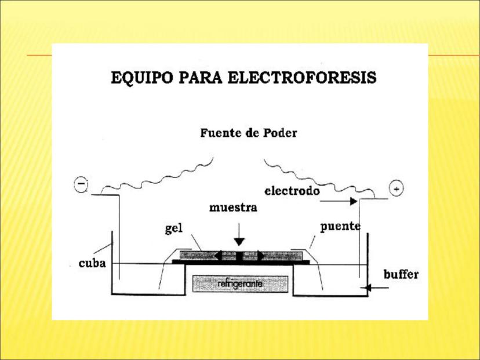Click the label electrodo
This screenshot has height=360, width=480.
tap(291, 190)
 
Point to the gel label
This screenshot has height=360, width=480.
tap(173, 229)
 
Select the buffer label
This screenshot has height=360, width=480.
tap(401, 274)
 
